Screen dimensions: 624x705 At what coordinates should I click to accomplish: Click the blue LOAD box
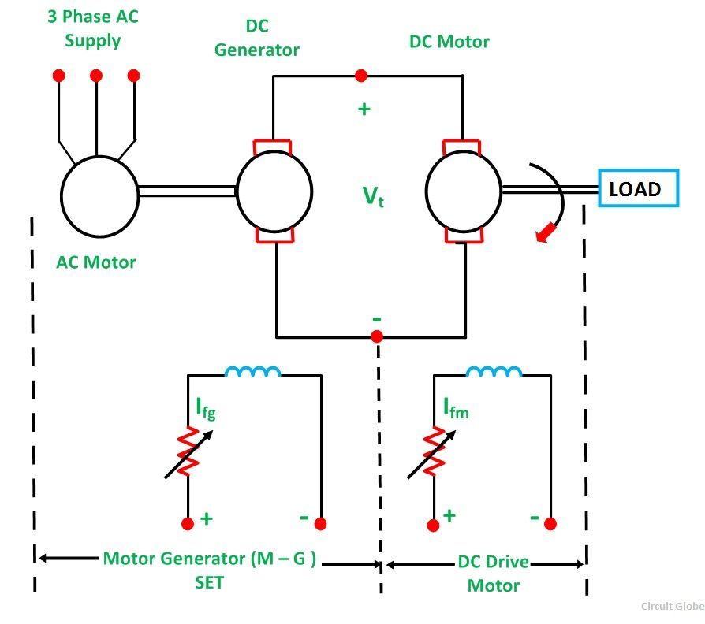(638, 189)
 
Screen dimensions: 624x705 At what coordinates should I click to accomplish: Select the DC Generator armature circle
(274, 191)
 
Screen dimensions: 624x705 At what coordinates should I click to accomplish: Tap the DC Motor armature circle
(463, 189)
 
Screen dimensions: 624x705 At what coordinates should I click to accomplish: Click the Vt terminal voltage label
(373, 196)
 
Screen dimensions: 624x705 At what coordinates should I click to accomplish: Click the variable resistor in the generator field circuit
(188, 452)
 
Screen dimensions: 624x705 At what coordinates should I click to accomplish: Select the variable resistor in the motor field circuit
(433, 452)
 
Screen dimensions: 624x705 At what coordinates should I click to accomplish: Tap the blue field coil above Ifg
(252, 371)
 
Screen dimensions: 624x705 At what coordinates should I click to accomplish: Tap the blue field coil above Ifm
(494, 371)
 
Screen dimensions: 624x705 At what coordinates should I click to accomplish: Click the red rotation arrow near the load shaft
(544, 232)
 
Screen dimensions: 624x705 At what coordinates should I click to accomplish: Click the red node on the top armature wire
(361, 76)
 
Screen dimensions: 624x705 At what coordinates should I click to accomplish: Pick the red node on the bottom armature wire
(377, 336)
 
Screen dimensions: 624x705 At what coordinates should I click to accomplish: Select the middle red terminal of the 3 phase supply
(96, 76)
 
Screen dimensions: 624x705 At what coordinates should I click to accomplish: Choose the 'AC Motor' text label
(96, 262)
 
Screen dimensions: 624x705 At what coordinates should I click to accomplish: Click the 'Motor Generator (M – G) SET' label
(209, 570)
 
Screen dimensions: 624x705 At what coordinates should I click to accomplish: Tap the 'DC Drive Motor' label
(494, 574)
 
